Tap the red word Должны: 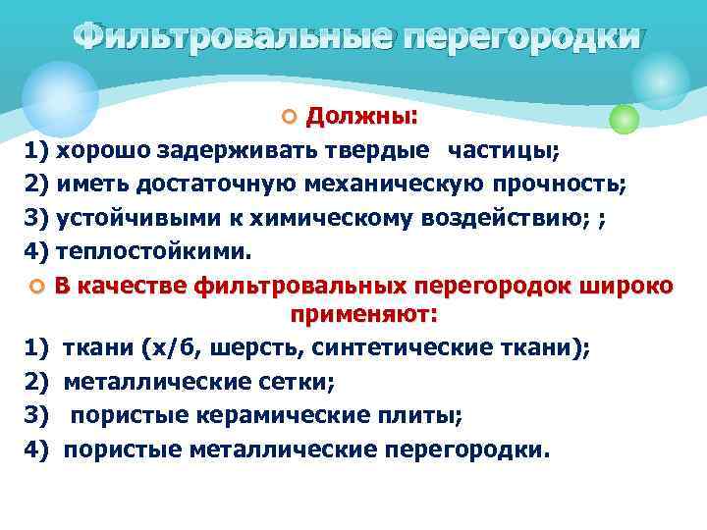(361, 118)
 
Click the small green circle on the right (625, 119)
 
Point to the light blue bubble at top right (661, 78)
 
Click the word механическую (407, 185)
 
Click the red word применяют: (363, 315)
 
